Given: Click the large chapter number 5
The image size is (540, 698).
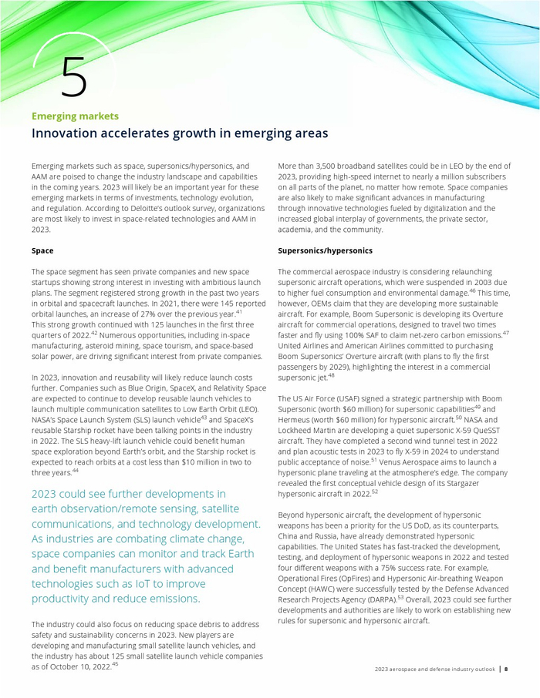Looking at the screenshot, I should (x=73, y=76).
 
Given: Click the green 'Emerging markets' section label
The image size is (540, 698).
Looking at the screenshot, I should (x=75, y=116).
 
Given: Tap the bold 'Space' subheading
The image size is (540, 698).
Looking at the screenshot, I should (x=42, y=250).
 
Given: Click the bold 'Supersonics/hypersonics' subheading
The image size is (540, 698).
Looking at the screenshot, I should (x=325, y=250).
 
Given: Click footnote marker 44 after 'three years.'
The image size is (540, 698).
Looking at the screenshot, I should (x=75, y=470).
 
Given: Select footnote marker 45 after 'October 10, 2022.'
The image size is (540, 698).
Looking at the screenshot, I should (x=115, y=663).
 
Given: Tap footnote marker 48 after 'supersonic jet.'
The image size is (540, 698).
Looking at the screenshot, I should (x=331, y=375).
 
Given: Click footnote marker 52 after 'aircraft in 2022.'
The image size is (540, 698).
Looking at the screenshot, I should (x=374, y=490).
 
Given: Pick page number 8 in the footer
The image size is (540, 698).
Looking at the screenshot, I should (x=506, y=669).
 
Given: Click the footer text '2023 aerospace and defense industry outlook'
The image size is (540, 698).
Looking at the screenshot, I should (x=435, y=669).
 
